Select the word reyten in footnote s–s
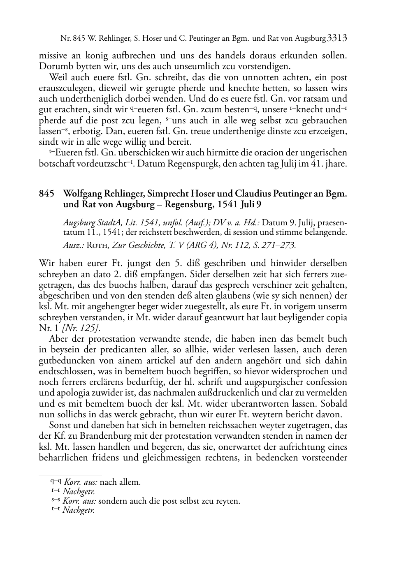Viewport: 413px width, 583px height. click(227, 501)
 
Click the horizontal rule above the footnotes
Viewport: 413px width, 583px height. click(70, 476)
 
